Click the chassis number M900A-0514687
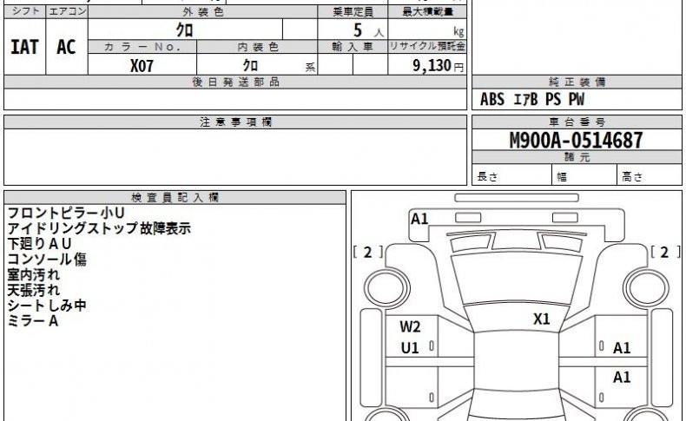577,141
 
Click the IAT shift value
24,47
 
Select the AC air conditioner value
66,47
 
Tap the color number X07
142,66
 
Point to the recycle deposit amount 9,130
432,66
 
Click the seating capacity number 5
358,30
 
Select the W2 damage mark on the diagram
410,326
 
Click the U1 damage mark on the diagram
410,348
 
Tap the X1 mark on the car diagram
541,319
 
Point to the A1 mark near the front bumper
419,219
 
